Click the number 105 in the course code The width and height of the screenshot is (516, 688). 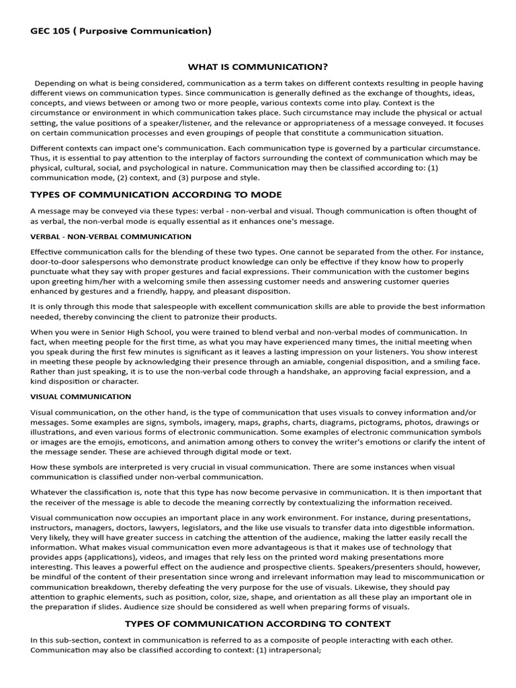[62, 31]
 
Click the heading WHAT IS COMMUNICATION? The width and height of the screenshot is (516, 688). [257, 67]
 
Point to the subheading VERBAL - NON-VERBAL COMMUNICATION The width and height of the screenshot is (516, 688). [111, 236]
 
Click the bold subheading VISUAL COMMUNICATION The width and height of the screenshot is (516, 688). [81, 397]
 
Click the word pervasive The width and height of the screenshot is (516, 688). [279, 492]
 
